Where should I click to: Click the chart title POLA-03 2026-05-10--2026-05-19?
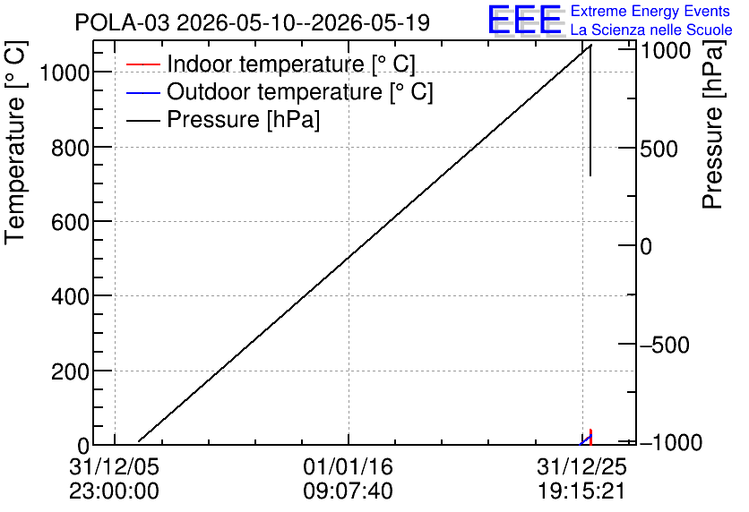click(253, 22)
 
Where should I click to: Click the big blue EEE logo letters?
click(524, 19)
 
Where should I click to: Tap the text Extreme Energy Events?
click(650, 11)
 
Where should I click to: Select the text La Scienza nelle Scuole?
click(651, 30)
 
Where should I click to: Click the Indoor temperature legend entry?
click(271, 64)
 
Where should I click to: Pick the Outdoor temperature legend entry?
click(280, 91)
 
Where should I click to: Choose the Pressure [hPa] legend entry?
click(223, 119)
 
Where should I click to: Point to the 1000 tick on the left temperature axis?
click(65, 73)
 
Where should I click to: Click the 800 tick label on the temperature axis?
click(70, 148)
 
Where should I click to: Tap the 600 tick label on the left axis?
click(70, 222)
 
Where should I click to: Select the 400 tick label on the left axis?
click(70, 297)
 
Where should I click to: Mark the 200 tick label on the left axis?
click(70, 371)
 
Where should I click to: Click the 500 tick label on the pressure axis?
click(659, 149)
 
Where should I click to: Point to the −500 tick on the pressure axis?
click(665, 345)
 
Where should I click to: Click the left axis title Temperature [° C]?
click(15, 143)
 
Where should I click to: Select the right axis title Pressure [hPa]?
click(712, 124)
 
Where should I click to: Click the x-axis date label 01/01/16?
click(348, 466)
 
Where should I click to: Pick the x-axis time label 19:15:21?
click(581, 491)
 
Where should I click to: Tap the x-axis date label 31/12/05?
click(114, 466)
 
